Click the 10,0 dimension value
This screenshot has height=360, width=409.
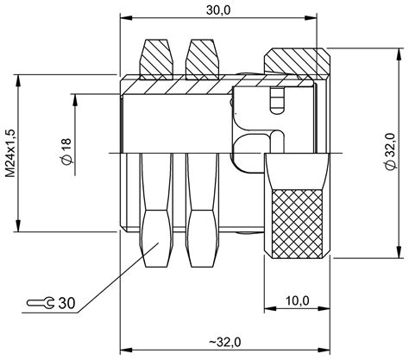coord(295,300)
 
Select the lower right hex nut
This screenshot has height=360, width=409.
coord(201,235)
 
